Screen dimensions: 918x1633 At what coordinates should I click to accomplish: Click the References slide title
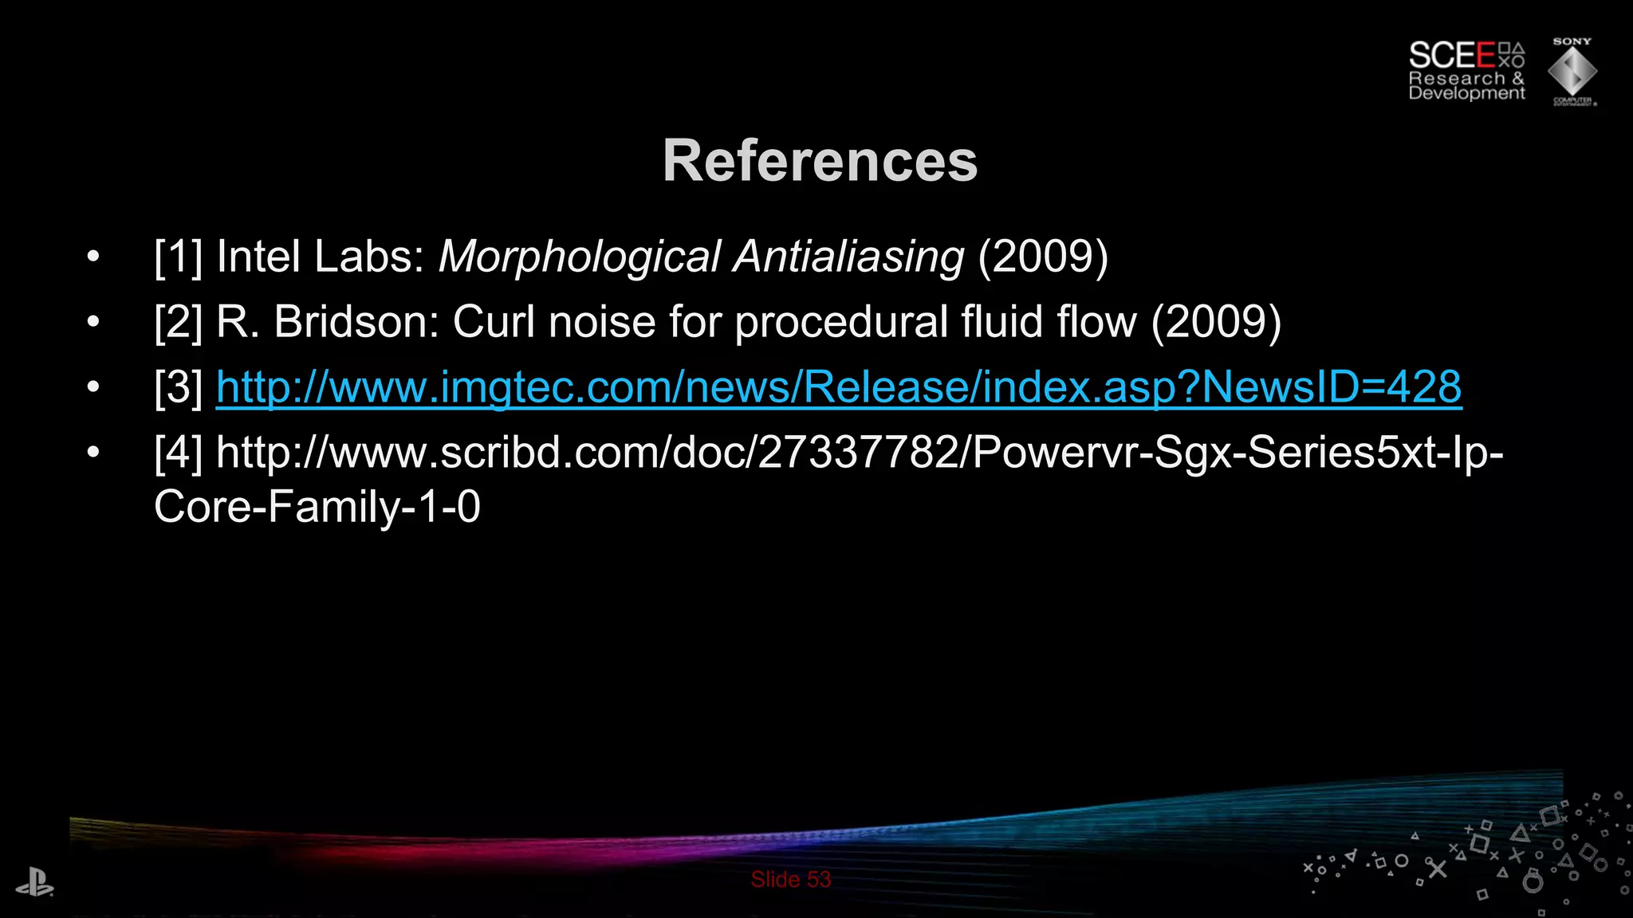(820, 162)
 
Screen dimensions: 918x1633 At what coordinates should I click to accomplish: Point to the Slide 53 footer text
(790, 880)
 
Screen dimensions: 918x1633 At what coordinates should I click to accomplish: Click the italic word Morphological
(579, 257)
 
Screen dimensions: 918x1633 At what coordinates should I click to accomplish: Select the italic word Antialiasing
(848, 257)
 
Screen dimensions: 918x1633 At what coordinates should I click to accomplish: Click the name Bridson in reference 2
(356, 323)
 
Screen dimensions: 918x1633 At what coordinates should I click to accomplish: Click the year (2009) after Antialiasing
(1043, 257)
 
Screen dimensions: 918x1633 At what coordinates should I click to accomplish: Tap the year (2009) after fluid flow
(1216, 323)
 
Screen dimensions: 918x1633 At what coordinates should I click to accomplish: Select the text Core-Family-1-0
(317, 507)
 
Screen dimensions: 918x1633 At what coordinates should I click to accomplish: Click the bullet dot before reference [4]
(93, 453)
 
